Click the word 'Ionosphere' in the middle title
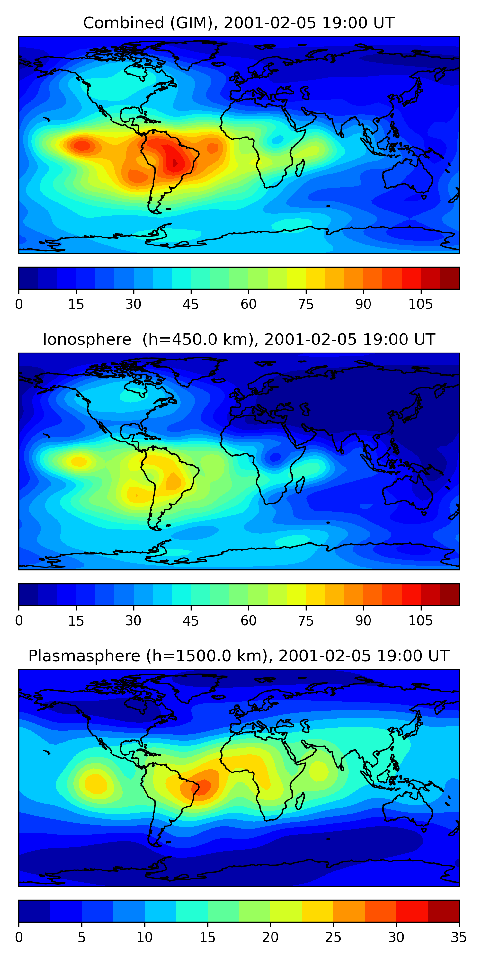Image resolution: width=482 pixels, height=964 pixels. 87,340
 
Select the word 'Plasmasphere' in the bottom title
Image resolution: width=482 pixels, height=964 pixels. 84,656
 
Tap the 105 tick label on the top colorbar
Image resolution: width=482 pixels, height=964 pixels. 420,305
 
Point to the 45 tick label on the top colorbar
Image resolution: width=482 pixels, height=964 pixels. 191,305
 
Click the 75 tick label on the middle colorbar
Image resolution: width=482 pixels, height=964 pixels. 306,621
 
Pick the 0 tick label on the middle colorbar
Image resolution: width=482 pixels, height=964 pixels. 19,621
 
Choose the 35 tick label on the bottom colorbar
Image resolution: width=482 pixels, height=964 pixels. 459,937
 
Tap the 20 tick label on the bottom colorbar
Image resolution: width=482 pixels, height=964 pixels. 270,937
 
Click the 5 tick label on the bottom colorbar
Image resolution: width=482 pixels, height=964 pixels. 82,937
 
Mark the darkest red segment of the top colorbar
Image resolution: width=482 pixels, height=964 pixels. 450,278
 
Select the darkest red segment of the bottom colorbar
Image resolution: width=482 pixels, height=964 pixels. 443,911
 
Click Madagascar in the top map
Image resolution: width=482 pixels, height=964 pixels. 300,168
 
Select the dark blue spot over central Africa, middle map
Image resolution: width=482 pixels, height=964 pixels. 275,457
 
